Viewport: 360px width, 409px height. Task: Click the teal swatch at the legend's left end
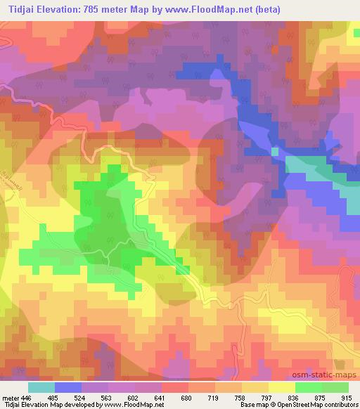[41, 387]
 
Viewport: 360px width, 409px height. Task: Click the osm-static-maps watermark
[330, 375]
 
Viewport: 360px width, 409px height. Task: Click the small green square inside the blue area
[275, 151]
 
